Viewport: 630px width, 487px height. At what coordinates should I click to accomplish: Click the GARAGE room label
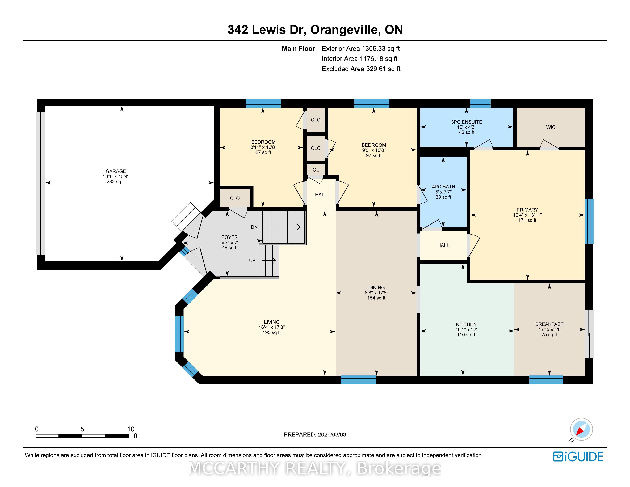[116, 171]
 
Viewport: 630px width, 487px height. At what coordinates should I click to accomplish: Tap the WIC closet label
[550, 127]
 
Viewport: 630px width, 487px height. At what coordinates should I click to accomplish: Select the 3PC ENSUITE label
[466, 122]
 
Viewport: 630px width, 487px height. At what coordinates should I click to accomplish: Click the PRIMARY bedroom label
[527, 210]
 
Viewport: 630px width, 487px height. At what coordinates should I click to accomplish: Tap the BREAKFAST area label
[549, 324]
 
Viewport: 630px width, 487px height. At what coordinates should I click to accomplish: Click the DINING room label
[376, 288]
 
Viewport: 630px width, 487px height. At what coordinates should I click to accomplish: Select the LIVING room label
[272, 322]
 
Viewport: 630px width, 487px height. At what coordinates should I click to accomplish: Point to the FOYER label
[230, 237]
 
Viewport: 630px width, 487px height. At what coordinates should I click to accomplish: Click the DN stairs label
[254, 227]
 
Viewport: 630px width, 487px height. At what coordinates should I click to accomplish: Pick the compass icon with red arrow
[581, 429]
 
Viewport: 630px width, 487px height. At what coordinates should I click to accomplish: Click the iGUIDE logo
[578, 457]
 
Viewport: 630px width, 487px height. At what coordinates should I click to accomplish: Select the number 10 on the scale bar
[131, 429]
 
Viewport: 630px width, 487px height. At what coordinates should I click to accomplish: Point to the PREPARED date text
[315, 434]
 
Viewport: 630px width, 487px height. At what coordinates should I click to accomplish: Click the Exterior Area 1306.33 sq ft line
[361, 49]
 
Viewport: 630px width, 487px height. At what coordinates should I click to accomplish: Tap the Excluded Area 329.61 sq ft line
[361, 69]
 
